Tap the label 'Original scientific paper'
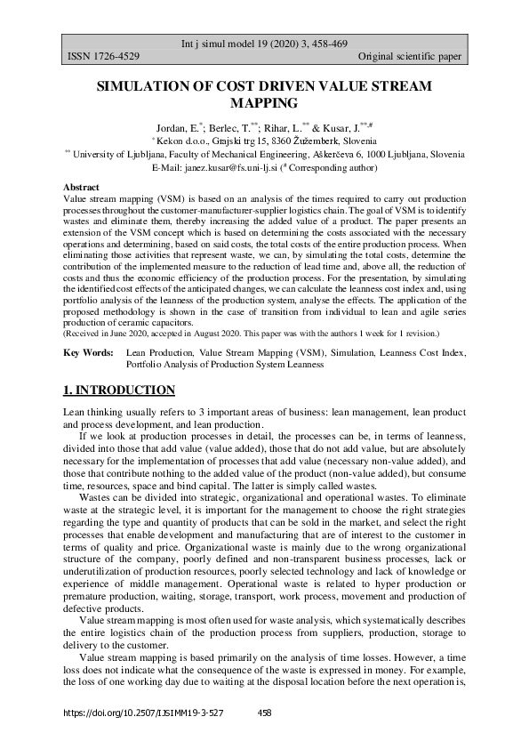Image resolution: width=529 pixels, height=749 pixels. (x=409, y=57)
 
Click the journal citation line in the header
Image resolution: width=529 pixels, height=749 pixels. (x=264, y=43)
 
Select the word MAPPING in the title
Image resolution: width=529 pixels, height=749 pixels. (x=264, y=102)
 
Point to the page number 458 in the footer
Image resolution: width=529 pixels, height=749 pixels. (x=264, y=713)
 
